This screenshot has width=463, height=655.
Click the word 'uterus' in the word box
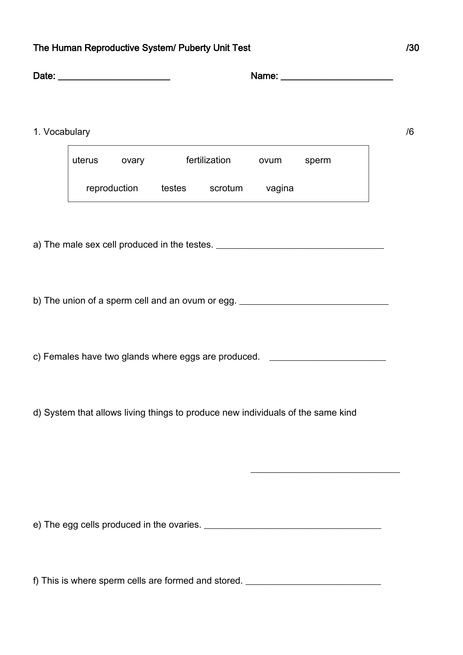[85, 160]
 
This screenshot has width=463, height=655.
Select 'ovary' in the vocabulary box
[133, 161]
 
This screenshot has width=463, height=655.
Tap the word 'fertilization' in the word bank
[208, 160]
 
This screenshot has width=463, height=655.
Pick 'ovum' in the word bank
[270, 160]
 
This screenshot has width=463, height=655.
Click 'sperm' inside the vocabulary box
[318, 161]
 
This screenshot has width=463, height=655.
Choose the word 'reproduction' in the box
[112, 188]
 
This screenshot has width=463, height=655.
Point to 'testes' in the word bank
[173, 188]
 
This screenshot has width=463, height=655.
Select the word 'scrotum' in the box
[226, 188]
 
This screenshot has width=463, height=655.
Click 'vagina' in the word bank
[280, 189]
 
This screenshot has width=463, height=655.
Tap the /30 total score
[413, 48]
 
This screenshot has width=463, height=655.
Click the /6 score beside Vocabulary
[410, 132]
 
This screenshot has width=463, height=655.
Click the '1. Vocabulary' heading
[62, 132]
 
